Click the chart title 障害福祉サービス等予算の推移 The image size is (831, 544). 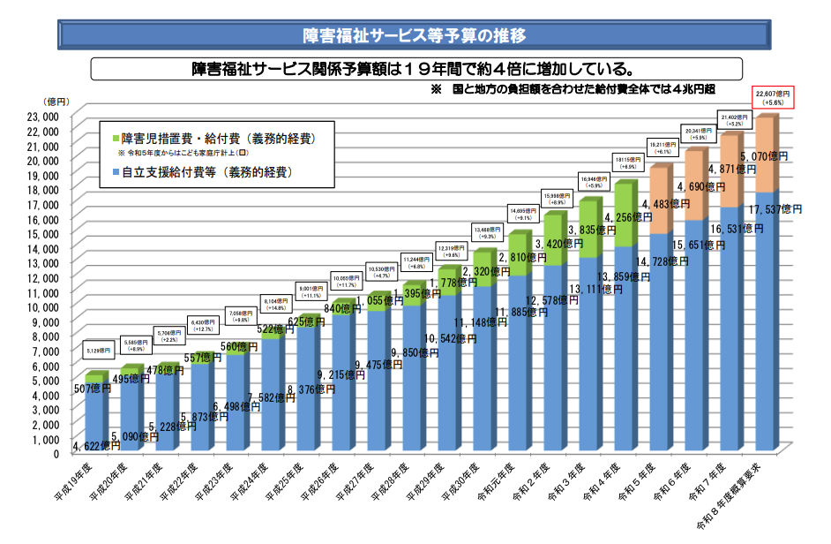point(415,35)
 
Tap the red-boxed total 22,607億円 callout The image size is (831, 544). point(774,97)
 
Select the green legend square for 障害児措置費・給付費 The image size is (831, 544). point(114,138)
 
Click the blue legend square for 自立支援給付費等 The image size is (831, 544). point(114,171)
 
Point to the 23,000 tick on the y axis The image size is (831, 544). point(41,116)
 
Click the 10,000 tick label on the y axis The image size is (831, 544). point(41,306)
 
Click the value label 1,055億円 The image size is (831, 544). point(378,301)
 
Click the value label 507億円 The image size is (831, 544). point(93,388)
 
